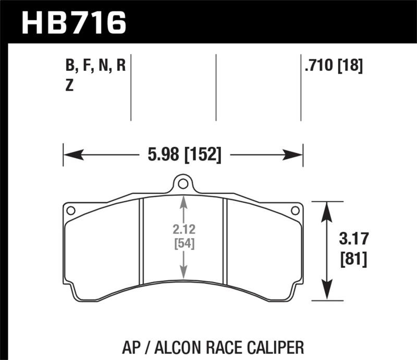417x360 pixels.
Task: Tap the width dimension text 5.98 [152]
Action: coord(183,155)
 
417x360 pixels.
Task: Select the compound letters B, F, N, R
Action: coord(95,66)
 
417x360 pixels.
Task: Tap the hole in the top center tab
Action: coord(182,184)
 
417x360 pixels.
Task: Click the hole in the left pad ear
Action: coord(71,210)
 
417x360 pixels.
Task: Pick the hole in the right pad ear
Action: coord(295,210)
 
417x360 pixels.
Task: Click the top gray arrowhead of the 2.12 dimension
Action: coord(183,201)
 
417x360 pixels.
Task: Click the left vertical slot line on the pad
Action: coord(142,242)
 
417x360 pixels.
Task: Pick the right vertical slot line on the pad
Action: coord(224,242)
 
